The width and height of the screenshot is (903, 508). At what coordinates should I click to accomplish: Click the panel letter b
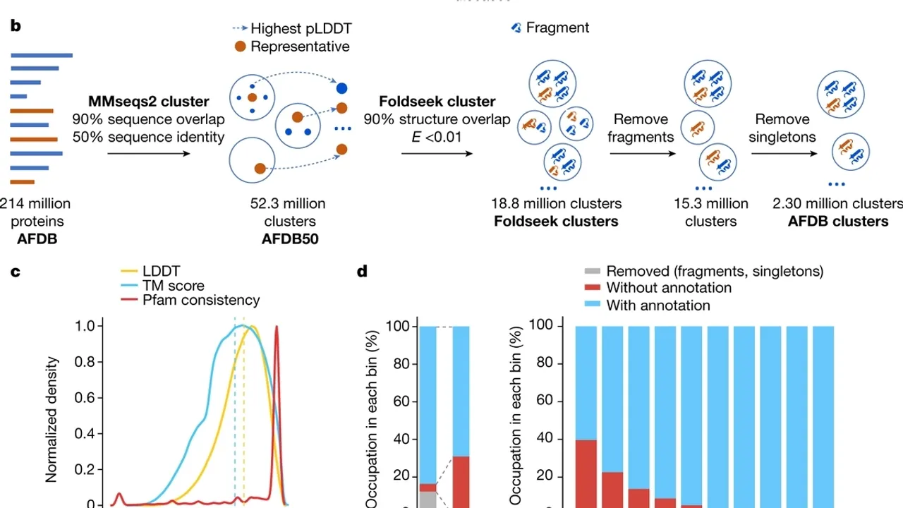tap(15, 26)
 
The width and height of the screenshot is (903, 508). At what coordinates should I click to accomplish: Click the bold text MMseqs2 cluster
tap(148, 102)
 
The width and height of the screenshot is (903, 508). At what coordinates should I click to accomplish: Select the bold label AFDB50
tap(289, 238)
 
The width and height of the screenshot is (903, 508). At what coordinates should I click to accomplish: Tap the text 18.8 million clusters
tap(557, 204)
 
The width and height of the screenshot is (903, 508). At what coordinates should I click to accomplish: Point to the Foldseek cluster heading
tap(437, 102)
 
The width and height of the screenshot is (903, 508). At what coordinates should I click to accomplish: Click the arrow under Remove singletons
tap(782, 154)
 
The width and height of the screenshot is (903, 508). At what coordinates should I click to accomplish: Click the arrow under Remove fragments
tap(640, 154)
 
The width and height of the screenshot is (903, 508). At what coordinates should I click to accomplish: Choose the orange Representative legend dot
tap(240, 47)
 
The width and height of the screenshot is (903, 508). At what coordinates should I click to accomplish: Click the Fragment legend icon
tap(516, 28)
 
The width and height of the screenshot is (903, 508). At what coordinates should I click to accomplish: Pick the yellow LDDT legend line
tap(130, 271)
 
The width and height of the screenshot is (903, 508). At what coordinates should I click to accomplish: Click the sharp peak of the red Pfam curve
tap(277, 327)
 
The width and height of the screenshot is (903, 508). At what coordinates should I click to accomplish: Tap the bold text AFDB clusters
tap(837, 222)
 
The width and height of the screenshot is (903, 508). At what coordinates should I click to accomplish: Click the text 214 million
tap(35, 204)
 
